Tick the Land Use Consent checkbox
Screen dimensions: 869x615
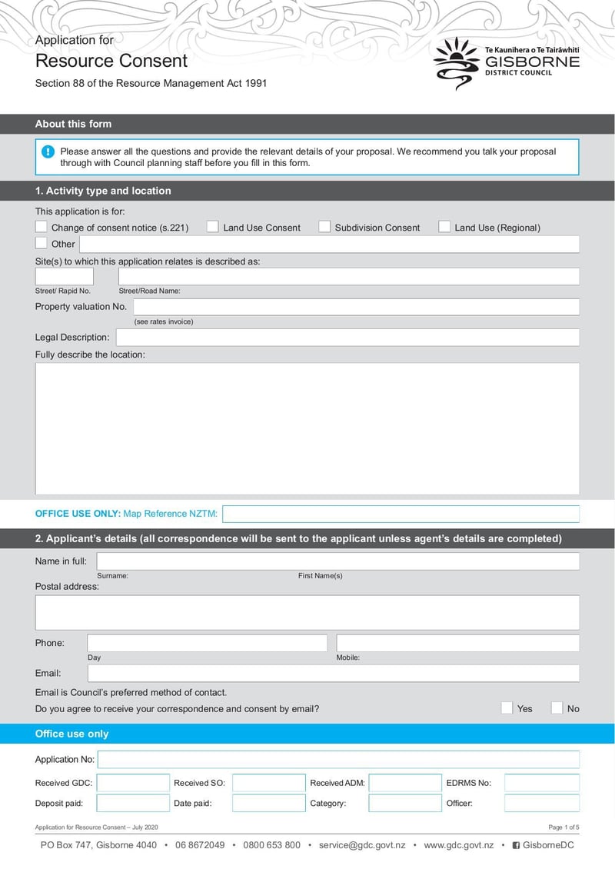[x=213, y=227]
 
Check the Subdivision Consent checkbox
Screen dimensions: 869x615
[x=324, y=227]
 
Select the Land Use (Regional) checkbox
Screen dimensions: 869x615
[x=444, y=227]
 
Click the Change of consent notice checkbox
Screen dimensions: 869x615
[x=42, y=227]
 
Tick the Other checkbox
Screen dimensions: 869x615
[x=42, y=244]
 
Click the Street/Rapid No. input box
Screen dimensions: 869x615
[x=64, y=277]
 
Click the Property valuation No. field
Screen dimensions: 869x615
[x=356, y=307]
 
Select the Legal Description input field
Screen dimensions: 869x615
[x=347, y=338]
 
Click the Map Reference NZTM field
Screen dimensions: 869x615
[x=401, y=514]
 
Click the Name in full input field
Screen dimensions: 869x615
[x=337, y=561]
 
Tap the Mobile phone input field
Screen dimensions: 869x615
[x=457, y=643]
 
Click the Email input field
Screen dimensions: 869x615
[x=333, y=674]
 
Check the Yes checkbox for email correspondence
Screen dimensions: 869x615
[x=507, y=708]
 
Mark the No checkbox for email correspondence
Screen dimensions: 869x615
[x=557, y=708]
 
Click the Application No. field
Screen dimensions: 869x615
[x=338, y=760]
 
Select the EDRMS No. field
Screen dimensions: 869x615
[x=541, y=784]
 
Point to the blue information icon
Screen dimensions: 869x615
[x=48, y=151]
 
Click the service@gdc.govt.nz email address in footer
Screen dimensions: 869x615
[x=361, y=845]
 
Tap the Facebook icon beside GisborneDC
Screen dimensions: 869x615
[x=516, y=846]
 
